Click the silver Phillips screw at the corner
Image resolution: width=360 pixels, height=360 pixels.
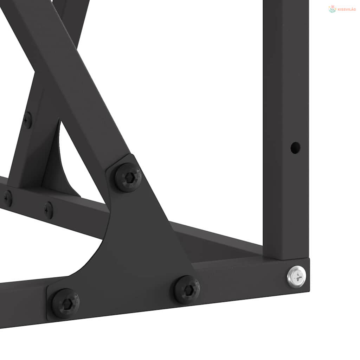tap(296, 277)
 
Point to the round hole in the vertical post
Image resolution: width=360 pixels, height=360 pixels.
tap(295, 148)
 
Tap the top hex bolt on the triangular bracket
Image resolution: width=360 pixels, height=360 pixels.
tap(128, 177)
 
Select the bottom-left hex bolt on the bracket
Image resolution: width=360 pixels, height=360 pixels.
tap(65, 303)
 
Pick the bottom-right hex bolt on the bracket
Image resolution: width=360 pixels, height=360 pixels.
tap(186, 290)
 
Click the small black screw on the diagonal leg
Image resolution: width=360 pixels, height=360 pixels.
tap(27, 120)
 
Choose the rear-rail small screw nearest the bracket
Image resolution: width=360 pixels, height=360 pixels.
tap(49, 210)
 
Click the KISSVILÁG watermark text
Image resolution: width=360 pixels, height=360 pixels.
tap(347, 9)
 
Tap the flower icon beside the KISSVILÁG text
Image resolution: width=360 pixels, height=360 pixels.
tap(332, 9)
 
